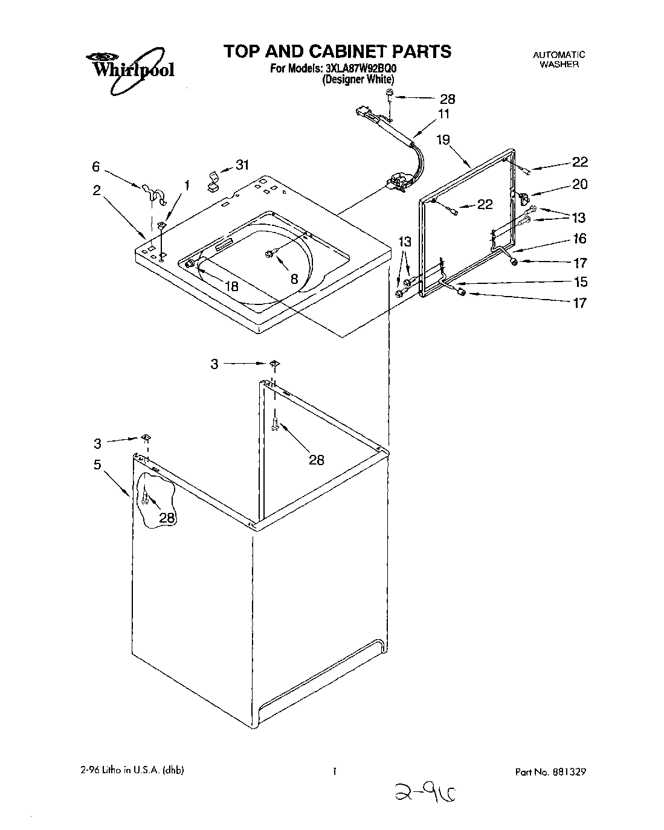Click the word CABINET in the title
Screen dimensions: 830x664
tap(340, 51)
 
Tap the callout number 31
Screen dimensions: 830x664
tap(242, 164)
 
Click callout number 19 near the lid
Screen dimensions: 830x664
tap(443, 140)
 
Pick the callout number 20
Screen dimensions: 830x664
tap(579, 184)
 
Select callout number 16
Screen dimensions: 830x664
tap(579, 239)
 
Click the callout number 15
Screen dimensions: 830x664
tap(579, 281)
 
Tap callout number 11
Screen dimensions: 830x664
tap(443, 114)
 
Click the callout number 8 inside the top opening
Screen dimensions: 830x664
tap(294, 278)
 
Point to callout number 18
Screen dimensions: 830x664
tap(232, 287)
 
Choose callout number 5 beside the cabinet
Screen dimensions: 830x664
tap(97, 465)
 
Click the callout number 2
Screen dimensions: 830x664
tap(96, 190)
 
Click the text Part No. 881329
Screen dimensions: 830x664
tap(550, 771)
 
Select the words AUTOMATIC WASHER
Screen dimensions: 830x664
tap(559, 59)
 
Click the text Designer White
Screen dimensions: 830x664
tap(358, 79)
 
